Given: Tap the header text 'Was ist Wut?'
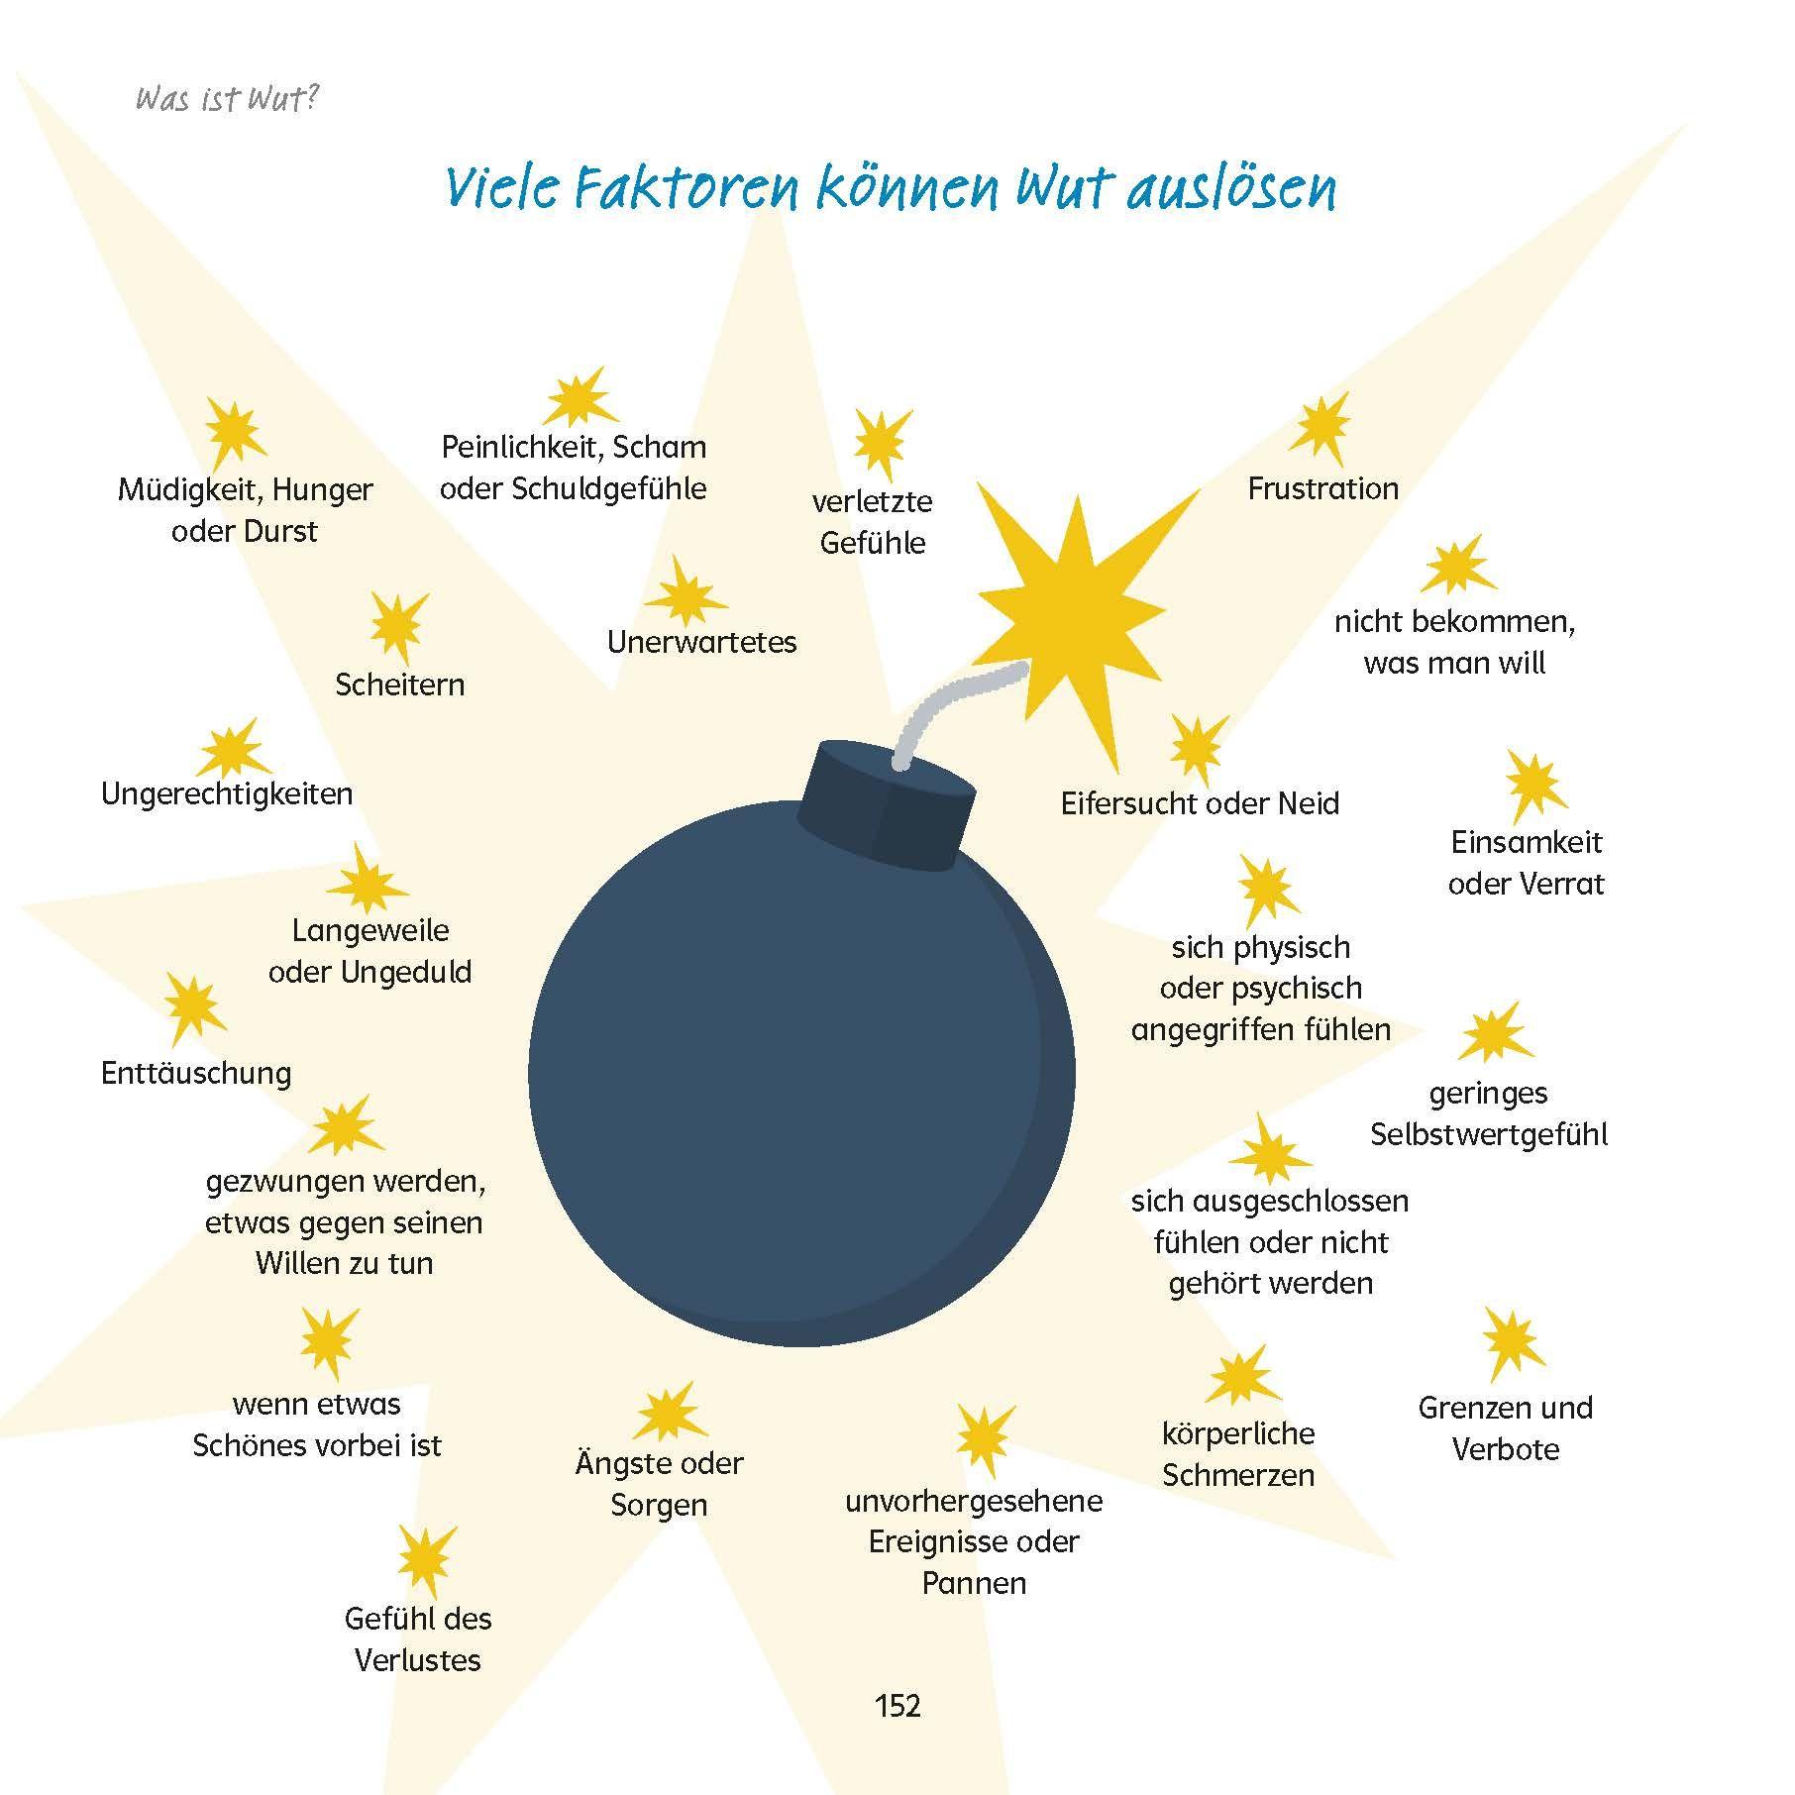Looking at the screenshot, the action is [227, 99].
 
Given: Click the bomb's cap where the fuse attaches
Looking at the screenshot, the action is [888, 805].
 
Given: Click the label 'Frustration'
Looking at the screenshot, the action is [1322, 488].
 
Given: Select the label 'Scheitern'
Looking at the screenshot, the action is [399, 685].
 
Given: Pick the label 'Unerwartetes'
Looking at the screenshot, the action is [701, 642].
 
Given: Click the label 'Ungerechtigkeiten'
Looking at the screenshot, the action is [227, 793].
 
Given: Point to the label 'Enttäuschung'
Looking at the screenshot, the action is [196, 1074].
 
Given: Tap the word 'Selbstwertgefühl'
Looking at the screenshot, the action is [1489, 1134].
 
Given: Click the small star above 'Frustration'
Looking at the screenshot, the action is [1320, 428].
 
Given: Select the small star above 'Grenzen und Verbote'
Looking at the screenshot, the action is [1513, 1344].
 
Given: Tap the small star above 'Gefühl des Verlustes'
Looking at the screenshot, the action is [426, 1561].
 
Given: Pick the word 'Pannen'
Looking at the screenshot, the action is [974, 1582].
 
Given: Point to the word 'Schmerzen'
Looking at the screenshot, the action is [1238, 1475].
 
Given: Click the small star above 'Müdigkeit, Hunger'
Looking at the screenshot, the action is [236, 434].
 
